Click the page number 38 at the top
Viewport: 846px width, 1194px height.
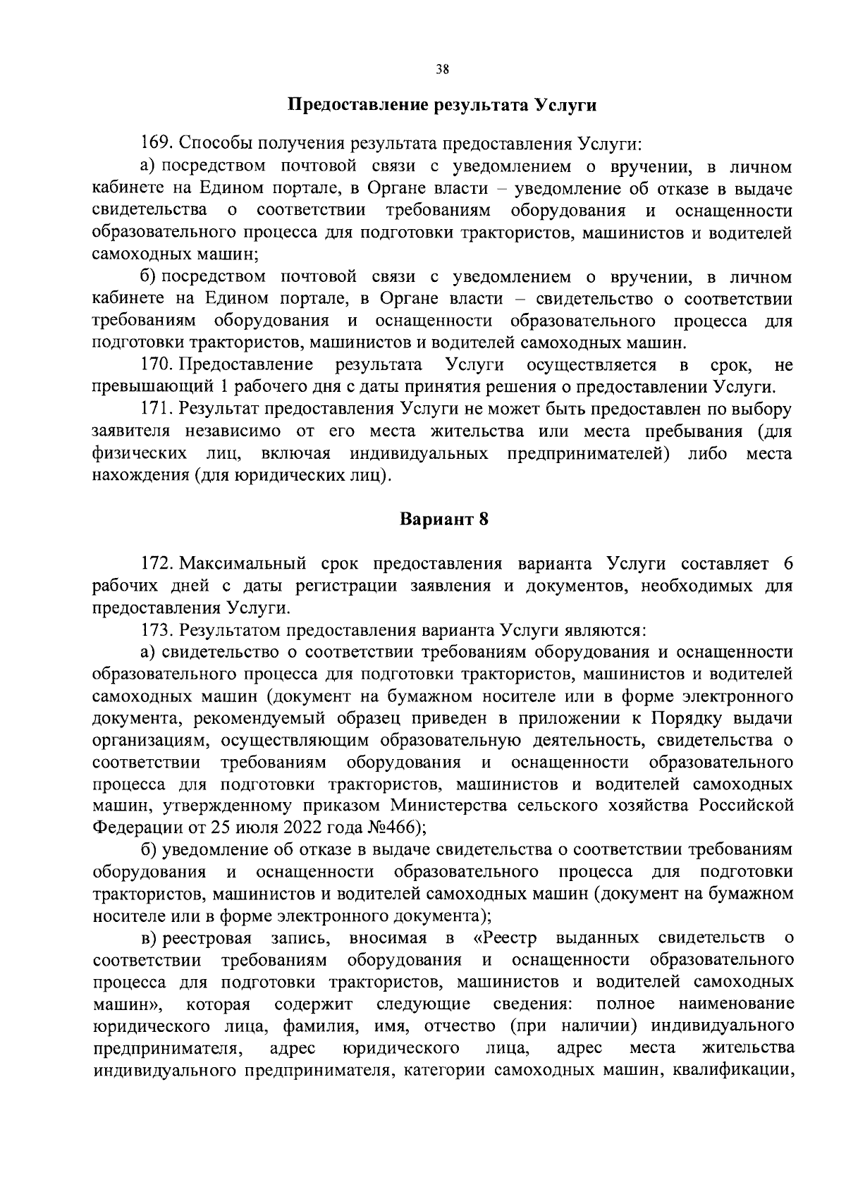442,69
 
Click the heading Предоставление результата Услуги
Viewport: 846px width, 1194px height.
442,106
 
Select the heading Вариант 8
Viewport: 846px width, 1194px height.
444,520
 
